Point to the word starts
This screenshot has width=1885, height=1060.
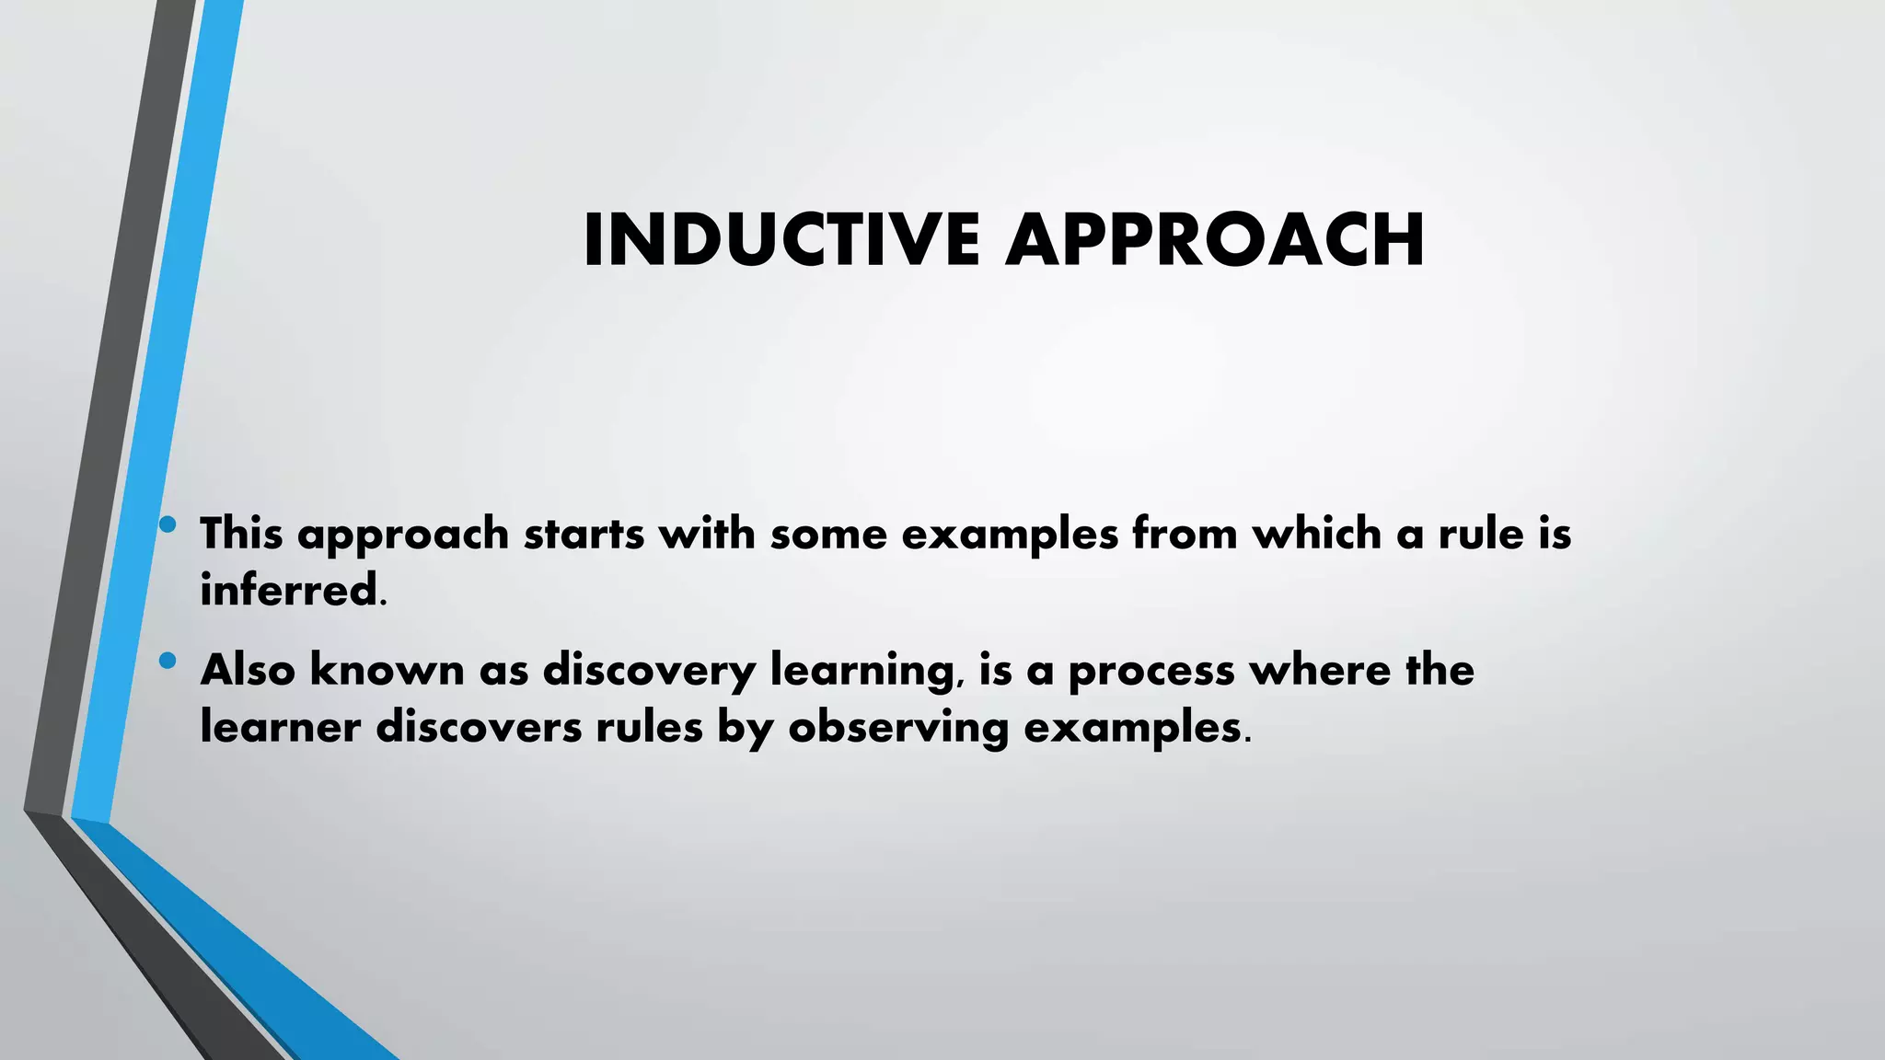pos(584,535)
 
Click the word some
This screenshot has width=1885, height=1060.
pos(828,535)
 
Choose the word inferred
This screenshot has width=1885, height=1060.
pos(289,590)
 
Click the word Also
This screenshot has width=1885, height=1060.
pos(248,669)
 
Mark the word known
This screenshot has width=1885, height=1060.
pos(387,669)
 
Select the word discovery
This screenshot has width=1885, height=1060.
pos(649,671)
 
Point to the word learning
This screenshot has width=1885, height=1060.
pos(862,671)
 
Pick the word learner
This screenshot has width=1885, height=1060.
pos(280,727)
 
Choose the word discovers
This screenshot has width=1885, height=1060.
pos(480,727)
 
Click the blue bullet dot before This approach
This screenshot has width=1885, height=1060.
pos(167,525)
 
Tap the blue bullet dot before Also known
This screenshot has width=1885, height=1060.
pos(167,660)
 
